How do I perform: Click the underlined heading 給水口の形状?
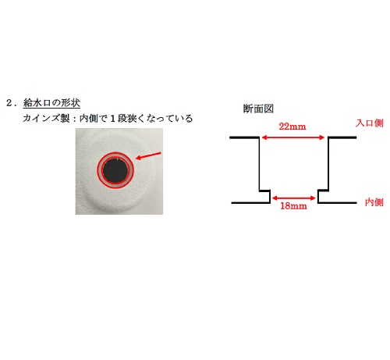tap(51, 103)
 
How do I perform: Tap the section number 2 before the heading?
tap(9, 103)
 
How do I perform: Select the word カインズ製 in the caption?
tap(46, 119)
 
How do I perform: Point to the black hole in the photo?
tap(115, 170)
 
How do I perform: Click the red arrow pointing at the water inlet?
tap(148, 155)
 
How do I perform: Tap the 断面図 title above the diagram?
tap(258, 109)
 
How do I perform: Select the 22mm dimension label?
tap(292, 127)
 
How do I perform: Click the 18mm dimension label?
tap(293, 206)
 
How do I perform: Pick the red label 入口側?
tap(370, 123)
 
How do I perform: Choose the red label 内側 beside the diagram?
tap(374, 202)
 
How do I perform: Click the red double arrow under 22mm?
tap(293, 137)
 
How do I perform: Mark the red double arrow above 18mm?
tap(293, 198)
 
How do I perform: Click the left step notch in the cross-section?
tap(265, 196)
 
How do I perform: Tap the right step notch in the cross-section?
tap(323, 196)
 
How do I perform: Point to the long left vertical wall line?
tap(259, 164)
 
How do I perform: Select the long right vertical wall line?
tap(328, 164)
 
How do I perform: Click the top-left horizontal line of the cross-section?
tap(244, 137)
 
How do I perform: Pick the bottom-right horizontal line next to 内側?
tap(337, 202)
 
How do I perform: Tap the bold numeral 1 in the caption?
tap(112, 119)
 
